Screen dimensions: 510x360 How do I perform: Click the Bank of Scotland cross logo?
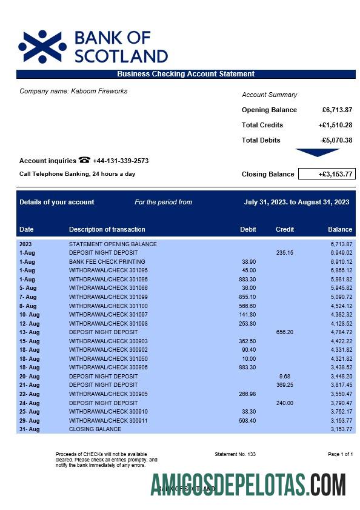[x=42, y=47]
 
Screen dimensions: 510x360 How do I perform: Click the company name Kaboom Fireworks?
[x=73, y=91]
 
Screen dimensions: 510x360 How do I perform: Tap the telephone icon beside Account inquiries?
[x=84, y=161]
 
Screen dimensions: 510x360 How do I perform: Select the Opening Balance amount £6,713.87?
[x=337, y=110]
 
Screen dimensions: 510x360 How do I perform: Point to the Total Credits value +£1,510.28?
[x=335, y=125]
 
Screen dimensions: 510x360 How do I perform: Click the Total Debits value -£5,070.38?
[x=336, y=140]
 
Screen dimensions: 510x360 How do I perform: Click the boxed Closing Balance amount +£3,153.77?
[x=327, y=174]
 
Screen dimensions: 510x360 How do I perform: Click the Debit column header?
[x=248, y=229]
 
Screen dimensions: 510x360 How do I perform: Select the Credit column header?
[x=285, y=229]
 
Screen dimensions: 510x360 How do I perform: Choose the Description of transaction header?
[x=107, y=229]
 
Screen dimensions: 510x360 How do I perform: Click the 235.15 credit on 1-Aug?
[x=284, y=253]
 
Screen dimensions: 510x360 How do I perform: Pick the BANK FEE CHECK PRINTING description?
[x=107, y=262]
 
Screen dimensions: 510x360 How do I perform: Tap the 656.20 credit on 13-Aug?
[x=284, y=332]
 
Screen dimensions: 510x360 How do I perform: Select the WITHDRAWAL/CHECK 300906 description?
[x=108, y=367]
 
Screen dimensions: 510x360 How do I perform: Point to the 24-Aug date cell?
[x=29, y=403]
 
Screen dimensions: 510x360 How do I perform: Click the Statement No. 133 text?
[x=235, y=454]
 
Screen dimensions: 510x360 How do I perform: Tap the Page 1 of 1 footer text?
[x=340, y=454]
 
